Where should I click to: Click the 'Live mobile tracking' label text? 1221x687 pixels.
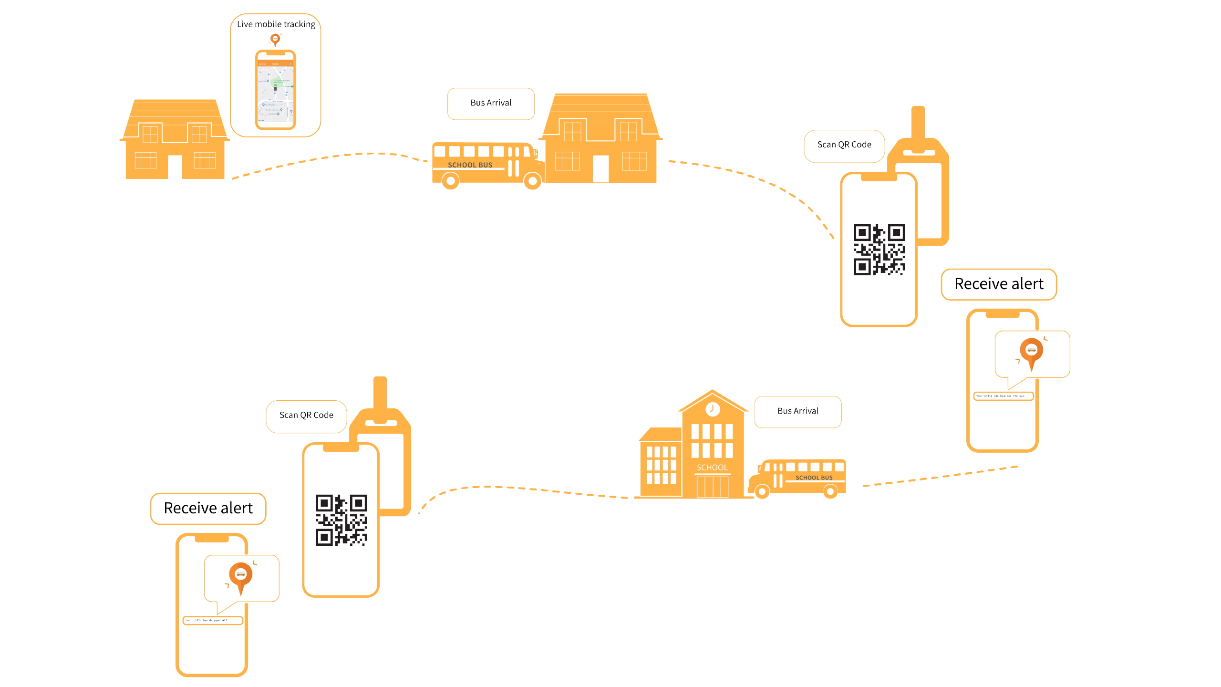pos(276,24)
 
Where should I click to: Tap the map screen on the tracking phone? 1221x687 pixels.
pos(276,93)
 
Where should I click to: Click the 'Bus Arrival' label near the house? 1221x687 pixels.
pos(491,103)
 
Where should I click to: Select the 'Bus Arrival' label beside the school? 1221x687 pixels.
pos(797,411)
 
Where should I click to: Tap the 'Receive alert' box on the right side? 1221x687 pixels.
pos(999,284)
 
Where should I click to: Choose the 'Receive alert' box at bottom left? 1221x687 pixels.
pos(208,509)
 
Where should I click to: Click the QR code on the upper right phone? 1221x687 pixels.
pos(879,250)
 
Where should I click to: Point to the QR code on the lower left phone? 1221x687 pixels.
pos(341,520)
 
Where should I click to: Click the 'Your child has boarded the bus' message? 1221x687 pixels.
pos(1003,396)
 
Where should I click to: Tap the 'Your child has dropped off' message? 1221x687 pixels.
pos(213,621)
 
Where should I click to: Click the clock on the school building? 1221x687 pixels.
pos(713,409)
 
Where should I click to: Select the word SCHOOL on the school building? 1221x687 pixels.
pos(712,468)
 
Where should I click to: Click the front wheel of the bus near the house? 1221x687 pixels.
pos(532,181)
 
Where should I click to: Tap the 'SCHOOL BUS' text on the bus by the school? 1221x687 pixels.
pos(814,478)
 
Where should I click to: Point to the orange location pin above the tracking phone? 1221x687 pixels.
pos(275,40)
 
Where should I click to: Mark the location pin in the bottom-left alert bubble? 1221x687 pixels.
pos(241,576)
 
